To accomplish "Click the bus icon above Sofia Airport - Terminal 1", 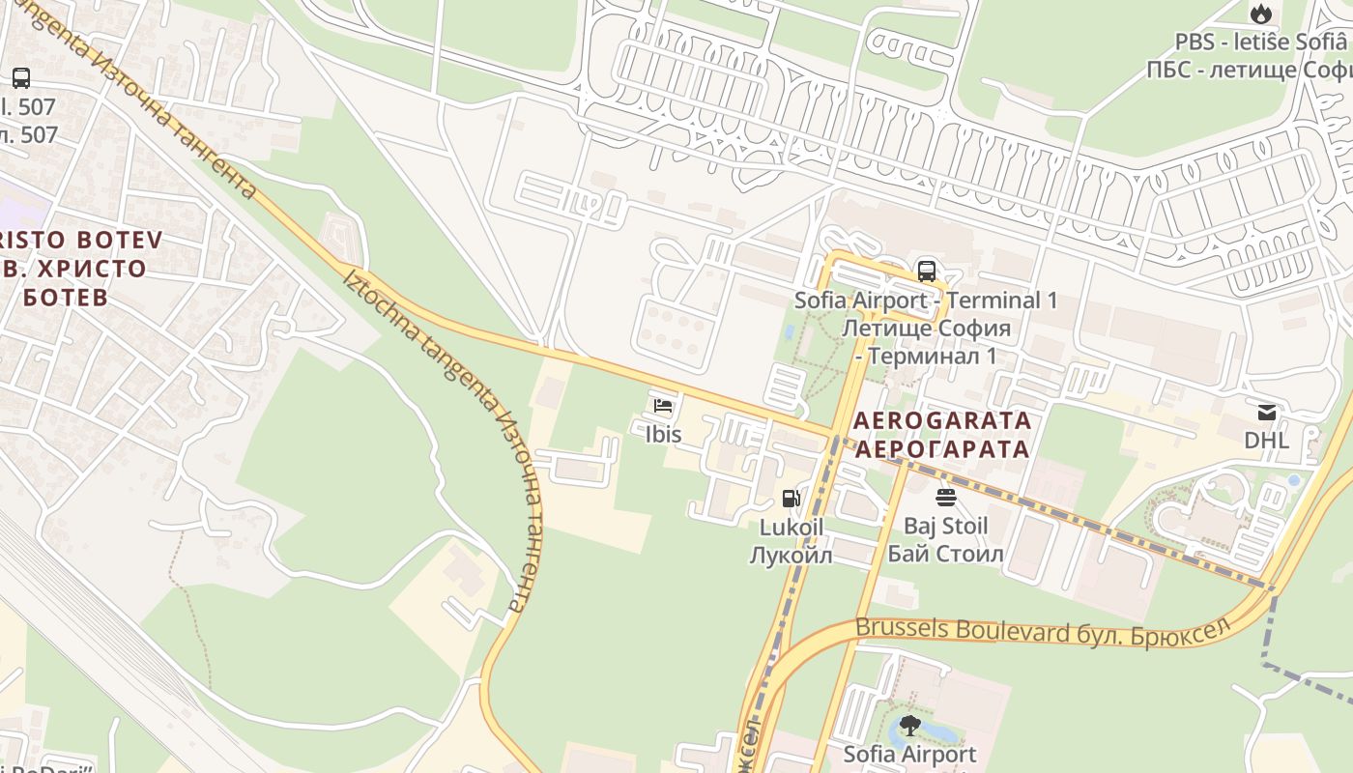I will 926,271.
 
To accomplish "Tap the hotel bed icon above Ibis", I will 663,406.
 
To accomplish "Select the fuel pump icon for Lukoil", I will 791,499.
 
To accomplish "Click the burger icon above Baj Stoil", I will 945,498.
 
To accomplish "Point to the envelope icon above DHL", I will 1266,413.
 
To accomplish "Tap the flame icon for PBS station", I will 1260,14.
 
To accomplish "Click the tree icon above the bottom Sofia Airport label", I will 909,725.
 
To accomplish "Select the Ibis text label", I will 663,435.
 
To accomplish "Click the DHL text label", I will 1266,441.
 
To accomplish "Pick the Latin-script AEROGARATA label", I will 942,421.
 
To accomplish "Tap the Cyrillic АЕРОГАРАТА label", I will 942,449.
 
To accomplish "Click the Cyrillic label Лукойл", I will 791,556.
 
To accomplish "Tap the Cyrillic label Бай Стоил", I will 945,555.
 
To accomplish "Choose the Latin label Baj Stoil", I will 945,527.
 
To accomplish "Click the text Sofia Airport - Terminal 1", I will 925,301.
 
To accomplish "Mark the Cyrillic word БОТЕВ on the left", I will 66,297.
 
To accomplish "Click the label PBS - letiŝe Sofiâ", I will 1260,42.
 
